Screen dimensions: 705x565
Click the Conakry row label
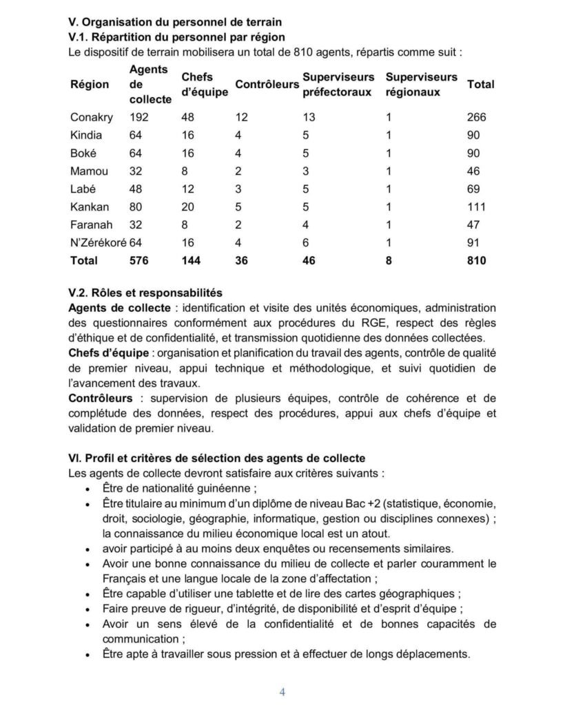tap(89, 117)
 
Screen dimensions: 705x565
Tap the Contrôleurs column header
tap(267, 84)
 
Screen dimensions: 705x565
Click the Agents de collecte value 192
tap(140, 117)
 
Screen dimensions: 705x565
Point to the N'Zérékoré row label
tap(97, 242)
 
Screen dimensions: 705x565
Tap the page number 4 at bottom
tap(282, 691)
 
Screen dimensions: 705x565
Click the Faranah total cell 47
tap(474, 224)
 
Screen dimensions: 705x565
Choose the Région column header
tap(90, 84)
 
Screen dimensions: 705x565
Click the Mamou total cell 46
tap(474, 171)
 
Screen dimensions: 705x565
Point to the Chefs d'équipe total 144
tap(191, 260)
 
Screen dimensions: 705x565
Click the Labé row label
tap(83, 189)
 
